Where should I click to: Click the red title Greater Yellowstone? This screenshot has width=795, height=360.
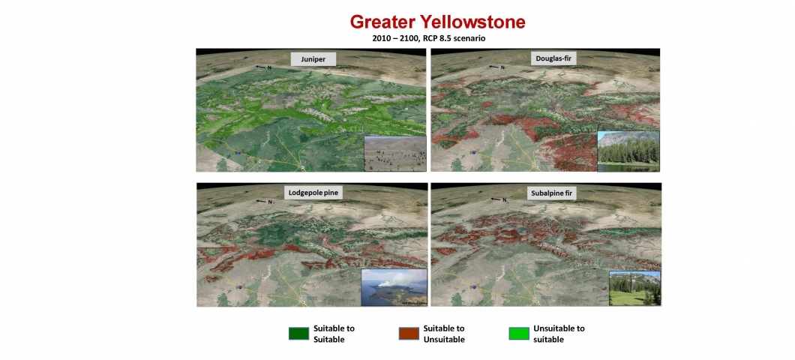coord(437,22)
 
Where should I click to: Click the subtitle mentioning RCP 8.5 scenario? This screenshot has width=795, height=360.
coord(429,38)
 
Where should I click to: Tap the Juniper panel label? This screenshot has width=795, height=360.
coord(314,59)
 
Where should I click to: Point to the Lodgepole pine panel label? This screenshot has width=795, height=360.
coord(312,193)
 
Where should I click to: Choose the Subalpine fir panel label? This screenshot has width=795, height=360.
coord(553,193)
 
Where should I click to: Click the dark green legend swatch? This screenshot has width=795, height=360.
coord(298,333)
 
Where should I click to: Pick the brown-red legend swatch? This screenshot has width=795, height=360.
coord(409,333)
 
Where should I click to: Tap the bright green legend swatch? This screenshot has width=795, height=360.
coord(519,333)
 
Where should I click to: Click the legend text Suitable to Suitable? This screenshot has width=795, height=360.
coord(334,334)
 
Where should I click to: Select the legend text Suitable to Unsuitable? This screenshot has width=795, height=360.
coord(444,334)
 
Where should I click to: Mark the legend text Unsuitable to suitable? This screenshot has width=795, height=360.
coord(559,334)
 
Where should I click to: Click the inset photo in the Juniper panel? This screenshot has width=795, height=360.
coord(395,154)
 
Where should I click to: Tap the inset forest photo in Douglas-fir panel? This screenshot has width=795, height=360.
coord(628,151)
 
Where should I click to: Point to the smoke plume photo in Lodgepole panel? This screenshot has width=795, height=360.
coord(394,287)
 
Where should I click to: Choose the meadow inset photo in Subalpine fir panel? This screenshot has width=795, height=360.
coord(634,289)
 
